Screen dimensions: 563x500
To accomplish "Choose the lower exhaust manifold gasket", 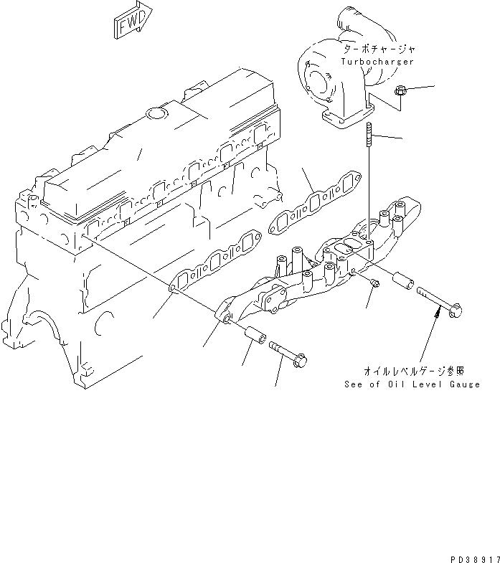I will (216, 263).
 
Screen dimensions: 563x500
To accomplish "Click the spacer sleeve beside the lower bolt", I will (255, 335).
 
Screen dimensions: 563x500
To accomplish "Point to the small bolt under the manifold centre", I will (374, 285).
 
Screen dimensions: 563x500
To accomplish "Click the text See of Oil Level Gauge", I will (412, 384).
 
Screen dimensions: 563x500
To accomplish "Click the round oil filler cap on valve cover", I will (154, 113).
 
